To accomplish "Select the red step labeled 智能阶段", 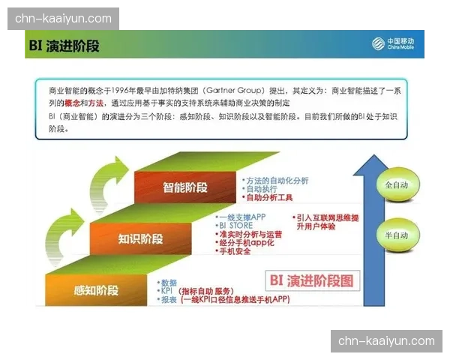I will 184,187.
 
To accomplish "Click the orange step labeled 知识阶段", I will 140,239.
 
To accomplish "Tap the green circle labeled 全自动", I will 395,184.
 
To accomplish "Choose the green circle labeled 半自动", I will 395,235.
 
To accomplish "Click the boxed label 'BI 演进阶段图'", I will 310,282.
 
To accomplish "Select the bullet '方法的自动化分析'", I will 277,181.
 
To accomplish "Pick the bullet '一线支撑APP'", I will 242,217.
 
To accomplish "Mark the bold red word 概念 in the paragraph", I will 73,102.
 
